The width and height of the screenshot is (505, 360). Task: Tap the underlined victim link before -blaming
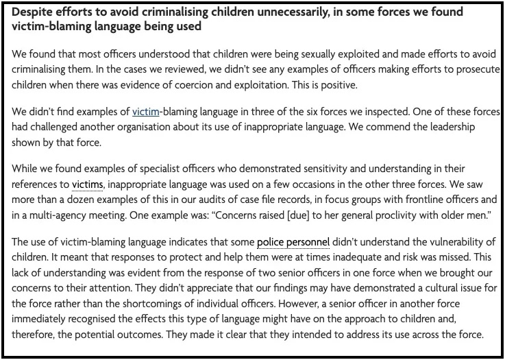point(145,111)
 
